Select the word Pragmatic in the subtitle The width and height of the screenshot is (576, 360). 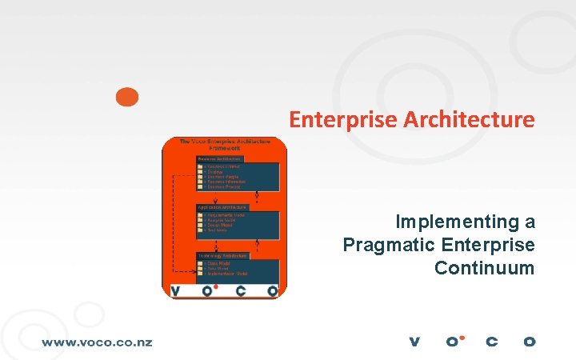point(382,245)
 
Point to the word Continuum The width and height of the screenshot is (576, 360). point(484,268)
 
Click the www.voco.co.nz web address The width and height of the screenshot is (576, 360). point(97,342)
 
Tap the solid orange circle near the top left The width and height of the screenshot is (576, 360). point(126,97)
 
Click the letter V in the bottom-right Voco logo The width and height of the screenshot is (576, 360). point(414,342)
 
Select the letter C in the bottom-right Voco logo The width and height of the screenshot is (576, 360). point(491,342)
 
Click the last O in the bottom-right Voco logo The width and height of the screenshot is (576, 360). point(529,342)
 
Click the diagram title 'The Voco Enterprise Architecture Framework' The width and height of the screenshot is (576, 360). point(225,145)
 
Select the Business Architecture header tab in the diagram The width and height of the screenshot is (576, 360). point(220,158)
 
